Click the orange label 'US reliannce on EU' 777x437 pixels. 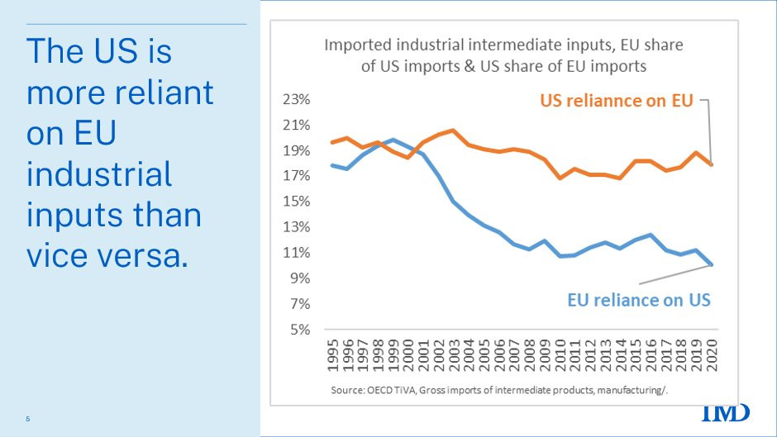[x=617, y=101]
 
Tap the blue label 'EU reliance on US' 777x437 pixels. [x=639, y=300]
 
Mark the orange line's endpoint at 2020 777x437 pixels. [x=710, y=164]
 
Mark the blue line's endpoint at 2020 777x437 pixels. [x=710, y=265]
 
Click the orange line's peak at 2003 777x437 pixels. [x=453, y=131]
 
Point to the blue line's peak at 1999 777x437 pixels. [x=393, y=140]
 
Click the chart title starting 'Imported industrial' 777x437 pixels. [x=503, y=55]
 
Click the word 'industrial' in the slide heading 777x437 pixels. [x=99, y=174]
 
